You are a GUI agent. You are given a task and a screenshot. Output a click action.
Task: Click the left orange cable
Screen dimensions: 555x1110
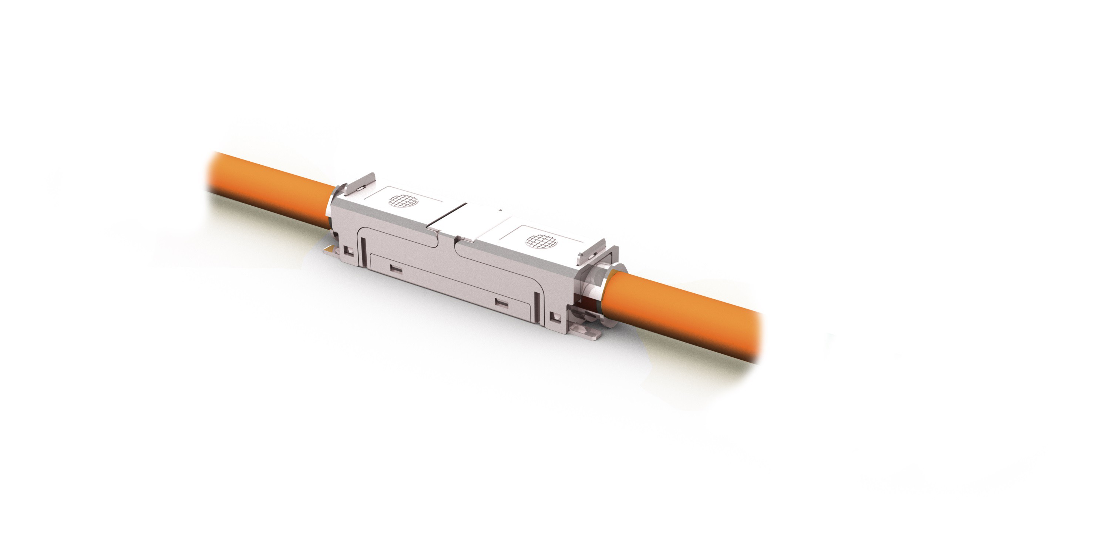click(x=267, y=189)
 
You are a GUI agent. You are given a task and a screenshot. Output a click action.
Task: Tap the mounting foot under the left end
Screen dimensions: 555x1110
click(x=329, y=249)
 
